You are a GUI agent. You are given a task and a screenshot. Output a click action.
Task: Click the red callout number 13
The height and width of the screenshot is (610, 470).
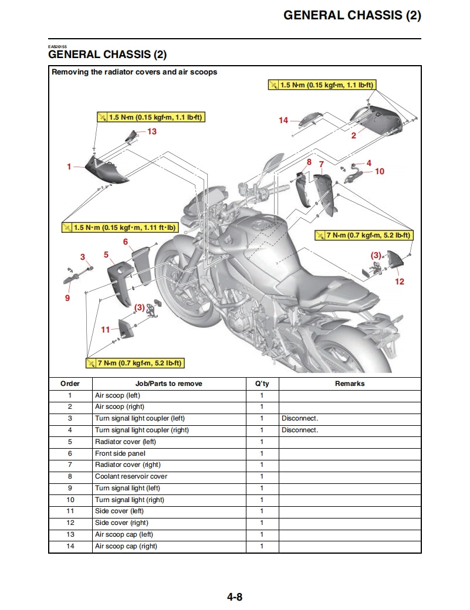152,131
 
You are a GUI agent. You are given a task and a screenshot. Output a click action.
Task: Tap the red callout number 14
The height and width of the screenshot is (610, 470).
283,120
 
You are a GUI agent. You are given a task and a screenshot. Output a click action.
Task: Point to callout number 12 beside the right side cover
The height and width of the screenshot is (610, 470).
399,282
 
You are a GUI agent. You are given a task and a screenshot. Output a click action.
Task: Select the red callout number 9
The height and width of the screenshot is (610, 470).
67,298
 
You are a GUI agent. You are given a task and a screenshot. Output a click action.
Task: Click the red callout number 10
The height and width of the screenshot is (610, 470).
380,171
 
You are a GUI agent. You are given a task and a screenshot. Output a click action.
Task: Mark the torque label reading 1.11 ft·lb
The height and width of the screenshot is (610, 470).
119,227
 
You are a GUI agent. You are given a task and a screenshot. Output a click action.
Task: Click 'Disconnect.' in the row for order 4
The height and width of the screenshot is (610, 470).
299,430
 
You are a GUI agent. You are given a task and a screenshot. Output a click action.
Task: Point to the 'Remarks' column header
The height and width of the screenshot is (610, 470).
350,384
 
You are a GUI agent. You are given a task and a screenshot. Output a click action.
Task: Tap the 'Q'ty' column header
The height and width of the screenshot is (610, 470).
262,384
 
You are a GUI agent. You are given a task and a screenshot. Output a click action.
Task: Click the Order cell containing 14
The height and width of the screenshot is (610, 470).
70,546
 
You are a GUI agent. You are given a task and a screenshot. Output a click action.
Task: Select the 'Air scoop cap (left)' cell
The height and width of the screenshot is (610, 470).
124,534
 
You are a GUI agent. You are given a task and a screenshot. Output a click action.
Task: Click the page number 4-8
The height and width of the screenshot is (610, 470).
235,597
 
